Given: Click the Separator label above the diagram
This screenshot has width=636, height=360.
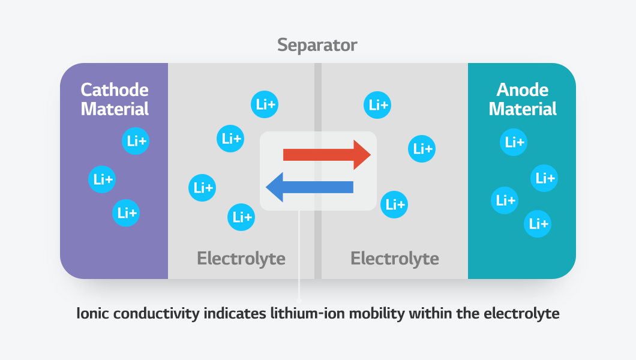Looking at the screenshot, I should pos(317,45).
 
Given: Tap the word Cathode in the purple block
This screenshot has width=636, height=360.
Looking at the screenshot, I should pos(115,90).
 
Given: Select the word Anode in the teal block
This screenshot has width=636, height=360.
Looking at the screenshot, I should pos(523,90).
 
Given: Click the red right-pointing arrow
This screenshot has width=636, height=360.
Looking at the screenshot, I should pos(327,155).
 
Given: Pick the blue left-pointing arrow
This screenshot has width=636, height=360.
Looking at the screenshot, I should pos(309,187).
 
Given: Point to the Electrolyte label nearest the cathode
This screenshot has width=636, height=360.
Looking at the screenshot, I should pos(241,259).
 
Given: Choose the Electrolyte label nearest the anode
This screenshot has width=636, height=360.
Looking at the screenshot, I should pos(395,259).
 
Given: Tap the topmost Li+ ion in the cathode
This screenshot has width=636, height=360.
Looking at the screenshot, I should pos(135,142).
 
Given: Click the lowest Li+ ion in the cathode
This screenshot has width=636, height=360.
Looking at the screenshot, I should pos(127,212).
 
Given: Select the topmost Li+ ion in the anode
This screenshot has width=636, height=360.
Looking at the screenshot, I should pos(514,142).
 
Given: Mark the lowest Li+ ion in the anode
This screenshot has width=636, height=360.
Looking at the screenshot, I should pos(537,224).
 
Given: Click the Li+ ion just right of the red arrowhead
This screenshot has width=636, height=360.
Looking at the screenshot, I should pos(422,149).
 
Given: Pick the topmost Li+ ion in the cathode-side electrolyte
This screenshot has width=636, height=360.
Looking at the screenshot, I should pos(264,105).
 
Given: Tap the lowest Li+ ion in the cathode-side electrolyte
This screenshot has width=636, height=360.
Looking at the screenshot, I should pos(241,217).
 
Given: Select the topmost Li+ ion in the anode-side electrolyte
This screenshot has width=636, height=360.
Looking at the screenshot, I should pos(378,105).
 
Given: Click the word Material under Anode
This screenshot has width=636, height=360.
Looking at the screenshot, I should pos(523,109).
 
